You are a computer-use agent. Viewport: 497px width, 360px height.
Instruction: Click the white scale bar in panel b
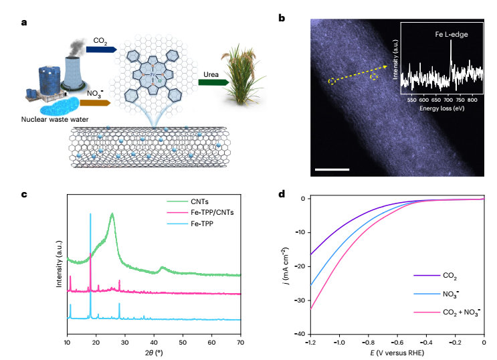coord(332,170)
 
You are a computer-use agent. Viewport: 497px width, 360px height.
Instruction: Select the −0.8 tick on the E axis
coord(368,343)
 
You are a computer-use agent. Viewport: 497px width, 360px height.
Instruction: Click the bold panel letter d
coord(282,195)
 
